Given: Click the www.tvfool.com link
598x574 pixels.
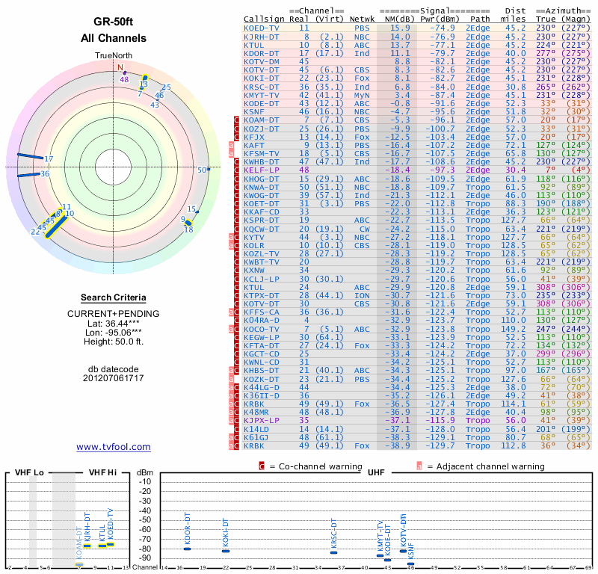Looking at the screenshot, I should click(114, 447).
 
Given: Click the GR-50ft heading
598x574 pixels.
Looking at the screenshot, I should click(114, 22).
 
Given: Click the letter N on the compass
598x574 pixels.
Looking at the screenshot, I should click(120, 67).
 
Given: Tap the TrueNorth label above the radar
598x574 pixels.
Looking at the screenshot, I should click(114, 56).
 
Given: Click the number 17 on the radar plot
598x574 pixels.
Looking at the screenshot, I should click(49, 159).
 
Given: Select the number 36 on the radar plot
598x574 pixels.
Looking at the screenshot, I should click(45, 174).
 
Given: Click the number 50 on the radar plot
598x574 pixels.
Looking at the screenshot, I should click(201, 170).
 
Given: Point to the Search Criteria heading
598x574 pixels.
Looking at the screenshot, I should click(114, 297).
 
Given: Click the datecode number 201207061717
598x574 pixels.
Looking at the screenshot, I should click(114, 378).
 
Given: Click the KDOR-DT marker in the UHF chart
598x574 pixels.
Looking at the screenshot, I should click(188, 549).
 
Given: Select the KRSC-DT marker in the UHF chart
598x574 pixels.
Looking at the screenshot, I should click(334, 552).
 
